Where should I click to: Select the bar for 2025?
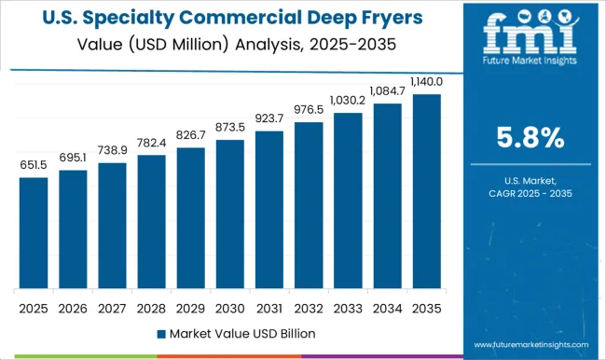(x=33, y=232)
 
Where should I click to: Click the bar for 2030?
(x=230, y=214)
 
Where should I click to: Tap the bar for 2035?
(x=427, y=190)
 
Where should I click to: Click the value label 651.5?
(x=33, y=165)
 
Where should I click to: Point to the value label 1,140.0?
(x=427, y=82)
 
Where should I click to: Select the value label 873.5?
(x=230, y=127)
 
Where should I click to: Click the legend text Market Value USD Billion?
(x=241, y=333)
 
